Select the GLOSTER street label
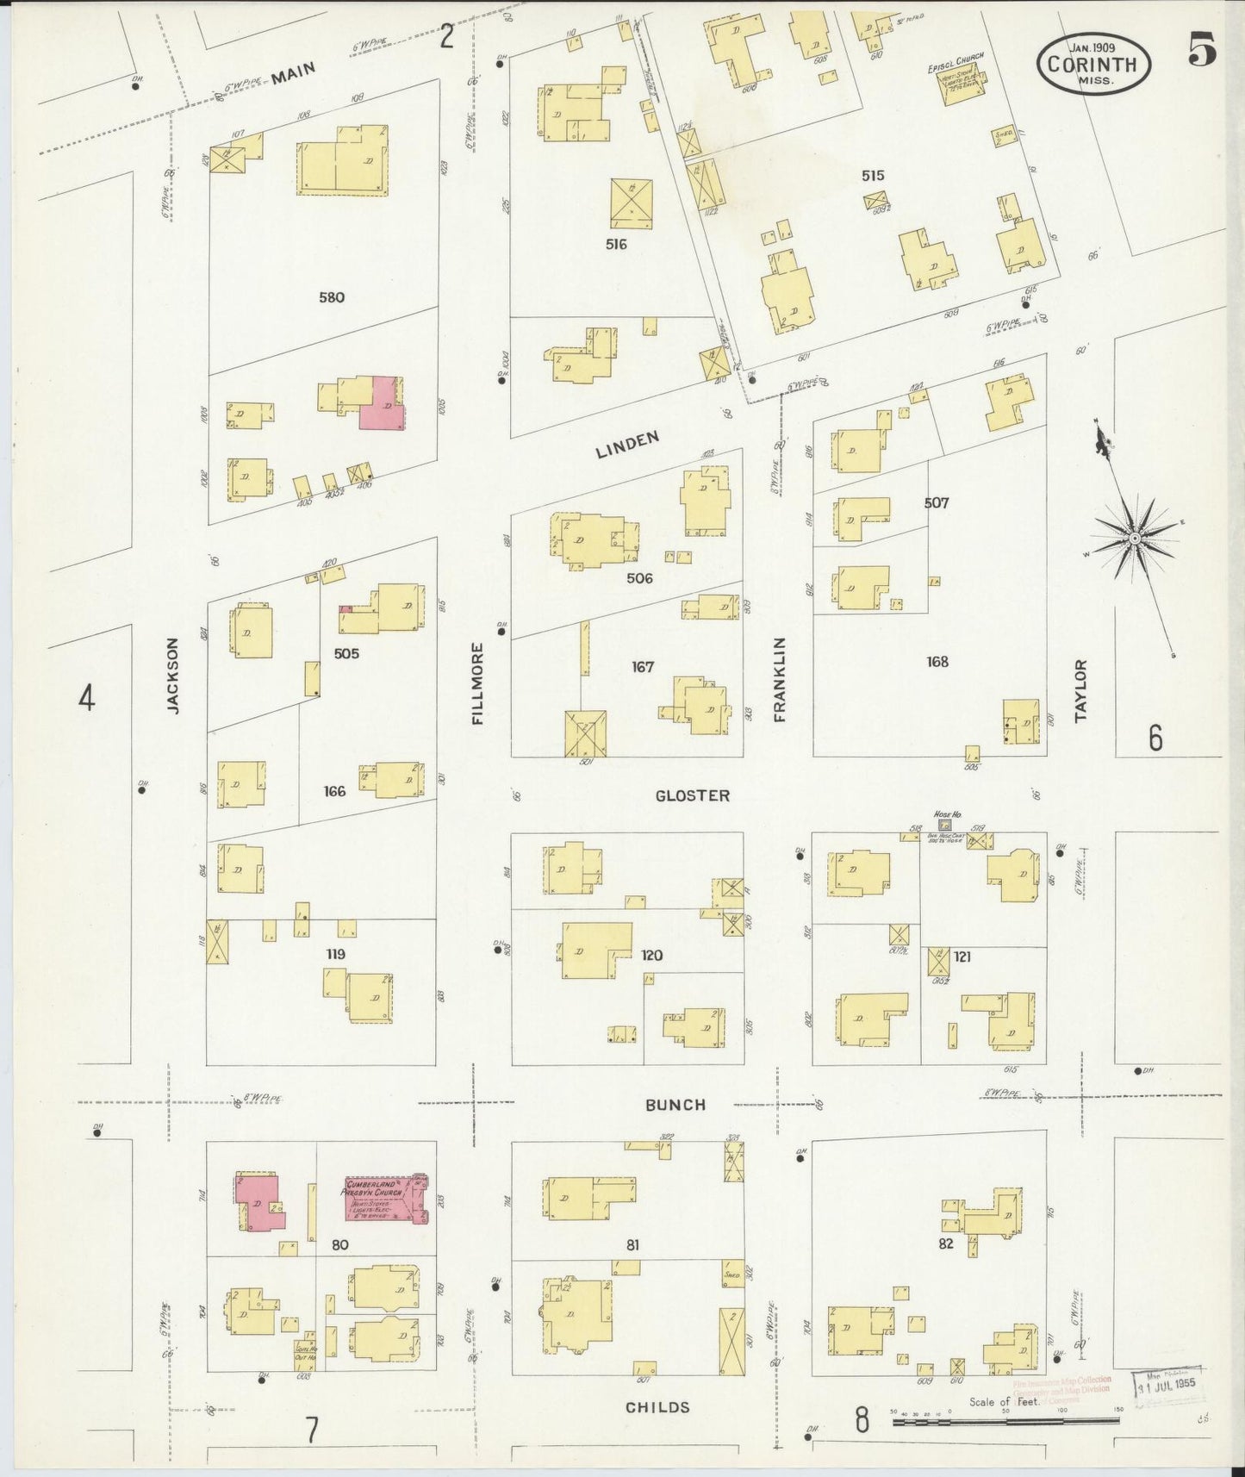point(692,795)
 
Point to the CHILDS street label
point(657,1406)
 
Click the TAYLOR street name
point(1081,689)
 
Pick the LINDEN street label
point(627,445)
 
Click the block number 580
point(331,297)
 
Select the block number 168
point(937,661)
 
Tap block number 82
point(945,1243)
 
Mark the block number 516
point(615,244)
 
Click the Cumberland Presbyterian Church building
point(385,1199)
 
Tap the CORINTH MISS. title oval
point(1093,64)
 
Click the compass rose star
point(1135,538)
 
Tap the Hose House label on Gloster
point(946,814)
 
